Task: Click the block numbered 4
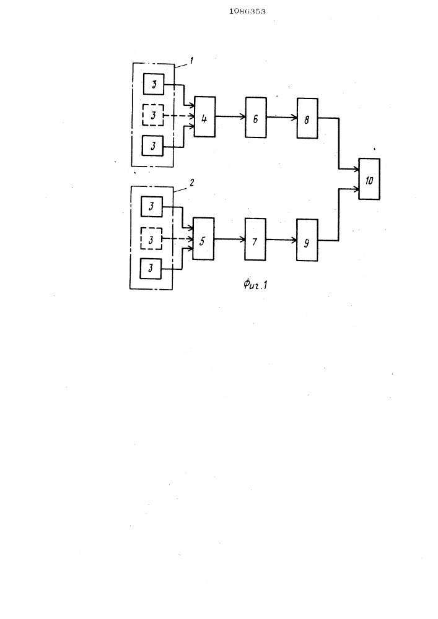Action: coord(204,117)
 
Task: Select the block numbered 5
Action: coord(203,239)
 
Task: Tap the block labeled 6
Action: coord(255,118)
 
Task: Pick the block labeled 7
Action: coord(255,239)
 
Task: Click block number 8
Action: coord(307,118)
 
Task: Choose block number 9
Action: coord(307,240)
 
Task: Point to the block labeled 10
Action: coord(369,179)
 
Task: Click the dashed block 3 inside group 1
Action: coord(153,115)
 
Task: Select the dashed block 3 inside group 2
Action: coord(151,238)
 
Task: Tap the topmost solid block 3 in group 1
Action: coord(153,84)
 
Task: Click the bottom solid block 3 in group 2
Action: coord(151,269)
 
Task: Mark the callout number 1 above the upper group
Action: coord(191,61)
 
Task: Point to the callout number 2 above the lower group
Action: coord(191,183)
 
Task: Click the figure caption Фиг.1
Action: coord(255,284)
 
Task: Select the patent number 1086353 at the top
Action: coord(247,11)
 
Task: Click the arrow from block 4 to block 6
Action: coord(230,116)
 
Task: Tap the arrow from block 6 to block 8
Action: coord(282,117)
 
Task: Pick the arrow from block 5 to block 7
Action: coord(229,239)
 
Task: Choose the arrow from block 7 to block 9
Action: coord(281,239)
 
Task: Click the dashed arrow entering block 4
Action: coord(179,116)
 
